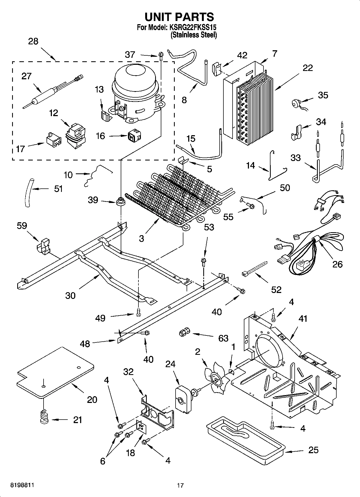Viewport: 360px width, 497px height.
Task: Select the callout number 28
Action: point(33,41)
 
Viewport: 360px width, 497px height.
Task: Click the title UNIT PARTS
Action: point(179,17)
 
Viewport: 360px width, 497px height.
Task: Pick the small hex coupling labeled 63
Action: point(184,333)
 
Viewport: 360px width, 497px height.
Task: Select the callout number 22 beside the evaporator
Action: point(308,68)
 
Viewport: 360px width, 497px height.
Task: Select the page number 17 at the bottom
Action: point(180,485)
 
